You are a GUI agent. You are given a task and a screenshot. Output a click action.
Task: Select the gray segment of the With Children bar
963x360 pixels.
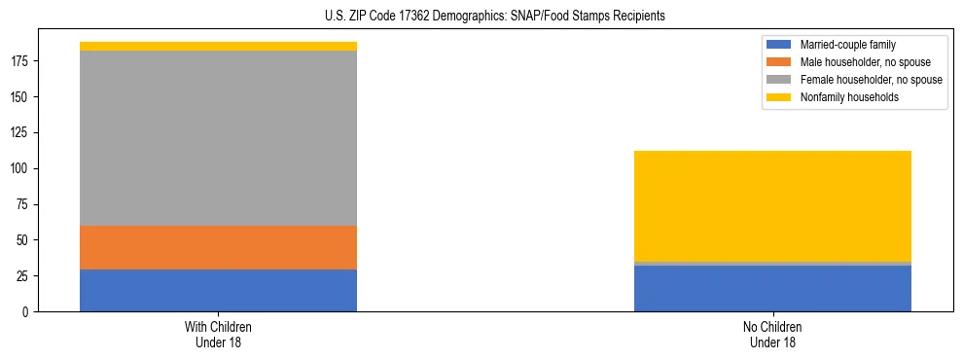pyautogui.click(x=218, y=138)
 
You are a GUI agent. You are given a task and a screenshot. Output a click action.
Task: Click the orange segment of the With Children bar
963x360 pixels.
pyautogui.click(x=218, y=247)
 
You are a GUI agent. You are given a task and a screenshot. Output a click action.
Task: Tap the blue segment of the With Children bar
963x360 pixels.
pyautogui.click(x=218, y=290)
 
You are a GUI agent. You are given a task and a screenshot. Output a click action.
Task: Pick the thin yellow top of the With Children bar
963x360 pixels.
pyautogui.click(x=218, y=46)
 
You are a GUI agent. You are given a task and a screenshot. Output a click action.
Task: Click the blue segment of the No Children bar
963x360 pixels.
pyautogui.click(x=772, y=289)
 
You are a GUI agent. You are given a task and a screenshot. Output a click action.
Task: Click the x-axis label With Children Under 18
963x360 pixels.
pyautogui.click(x=218, y=334)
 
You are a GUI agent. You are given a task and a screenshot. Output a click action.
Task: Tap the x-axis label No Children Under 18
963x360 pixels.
pyautogui.click(x=772, y=334)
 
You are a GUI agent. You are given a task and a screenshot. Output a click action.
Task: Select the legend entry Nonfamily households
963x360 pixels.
pyautogui.click(x=842, y=97)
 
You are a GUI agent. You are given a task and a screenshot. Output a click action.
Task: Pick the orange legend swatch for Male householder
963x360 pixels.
pyautogui.click(x=779, y=62)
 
